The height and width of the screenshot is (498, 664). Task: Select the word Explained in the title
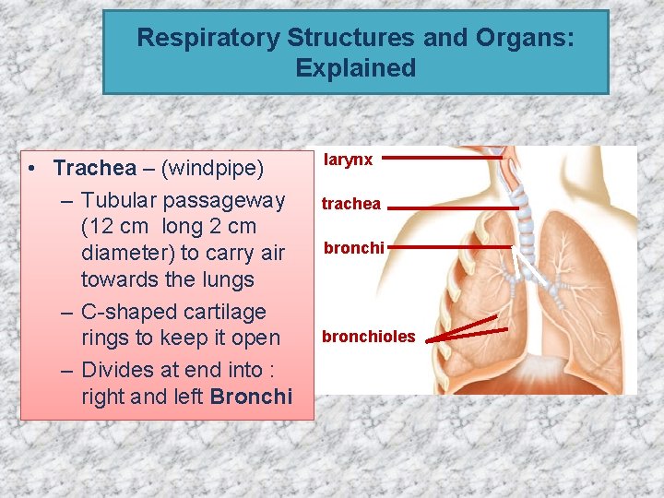356,68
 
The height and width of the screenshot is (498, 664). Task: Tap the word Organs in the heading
523,38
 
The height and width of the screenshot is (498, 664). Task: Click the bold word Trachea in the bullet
94,168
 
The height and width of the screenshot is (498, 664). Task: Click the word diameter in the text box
124,253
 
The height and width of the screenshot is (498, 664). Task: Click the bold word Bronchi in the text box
251,397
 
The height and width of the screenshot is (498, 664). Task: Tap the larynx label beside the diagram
349,160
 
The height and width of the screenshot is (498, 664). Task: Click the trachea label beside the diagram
350,204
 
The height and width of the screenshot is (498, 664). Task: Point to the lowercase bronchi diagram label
353,248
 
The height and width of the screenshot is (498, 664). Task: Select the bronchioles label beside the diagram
368,337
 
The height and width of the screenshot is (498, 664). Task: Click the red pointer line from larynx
443,158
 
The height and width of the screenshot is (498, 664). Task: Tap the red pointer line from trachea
452,208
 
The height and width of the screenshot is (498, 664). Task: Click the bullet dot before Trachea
32,169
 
